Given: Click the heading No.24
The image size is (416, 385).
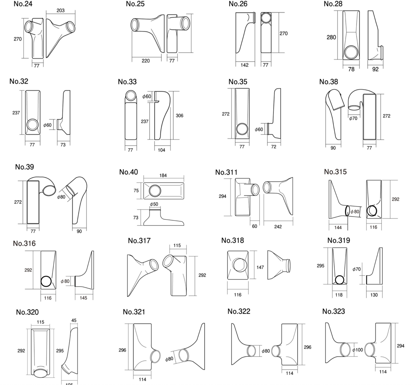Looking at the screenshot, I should point(23,4).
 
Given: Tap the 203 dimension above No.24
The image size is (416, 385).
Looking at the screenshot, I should point(60,10).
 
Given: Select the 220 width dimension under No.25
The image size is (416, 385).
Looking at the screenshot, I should point(146,61).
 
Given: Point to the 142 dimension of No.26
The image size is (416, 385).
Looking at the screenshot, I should point(244,65).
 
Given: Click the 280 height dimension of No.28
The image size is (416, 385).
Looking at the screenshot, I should point(331,37).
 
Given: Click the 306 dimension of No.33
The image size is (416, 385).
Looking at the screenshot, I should point(179,115).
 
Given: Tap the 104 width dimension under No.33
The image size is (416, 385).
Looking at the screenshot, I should point(161,150).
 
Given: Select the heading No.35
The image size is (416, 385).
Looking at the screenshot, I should point(238,82).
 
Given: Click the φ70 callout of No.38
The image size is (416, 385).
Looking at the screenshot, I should point(353,118).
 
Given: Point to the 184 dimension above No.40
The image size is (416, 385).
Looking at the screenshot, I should point(163,175).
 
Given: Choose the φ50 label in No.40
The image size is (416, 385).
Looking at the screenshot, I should point(154,204).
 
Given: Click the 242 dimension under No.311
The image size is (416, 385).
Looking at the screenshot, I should point(278,227).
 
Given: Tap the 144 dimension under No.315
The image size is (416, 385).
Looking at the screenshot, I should point(338,227).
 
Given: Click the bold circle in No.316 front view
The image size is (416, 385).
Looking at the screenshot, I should point(47,281).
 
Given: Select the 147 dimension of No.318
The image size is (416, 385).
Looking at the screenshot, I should point(260,267).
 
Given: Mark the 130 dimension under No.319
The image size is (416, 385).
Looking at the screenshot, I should point(374,295).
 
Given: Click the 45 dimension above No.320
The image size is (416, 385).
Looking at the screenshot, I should point(74,320).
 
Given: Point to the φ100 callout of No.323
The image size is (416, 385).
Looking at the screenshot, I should point(357,350).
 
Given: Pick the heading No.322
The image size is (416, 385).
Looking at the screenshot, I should point(239,311).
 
